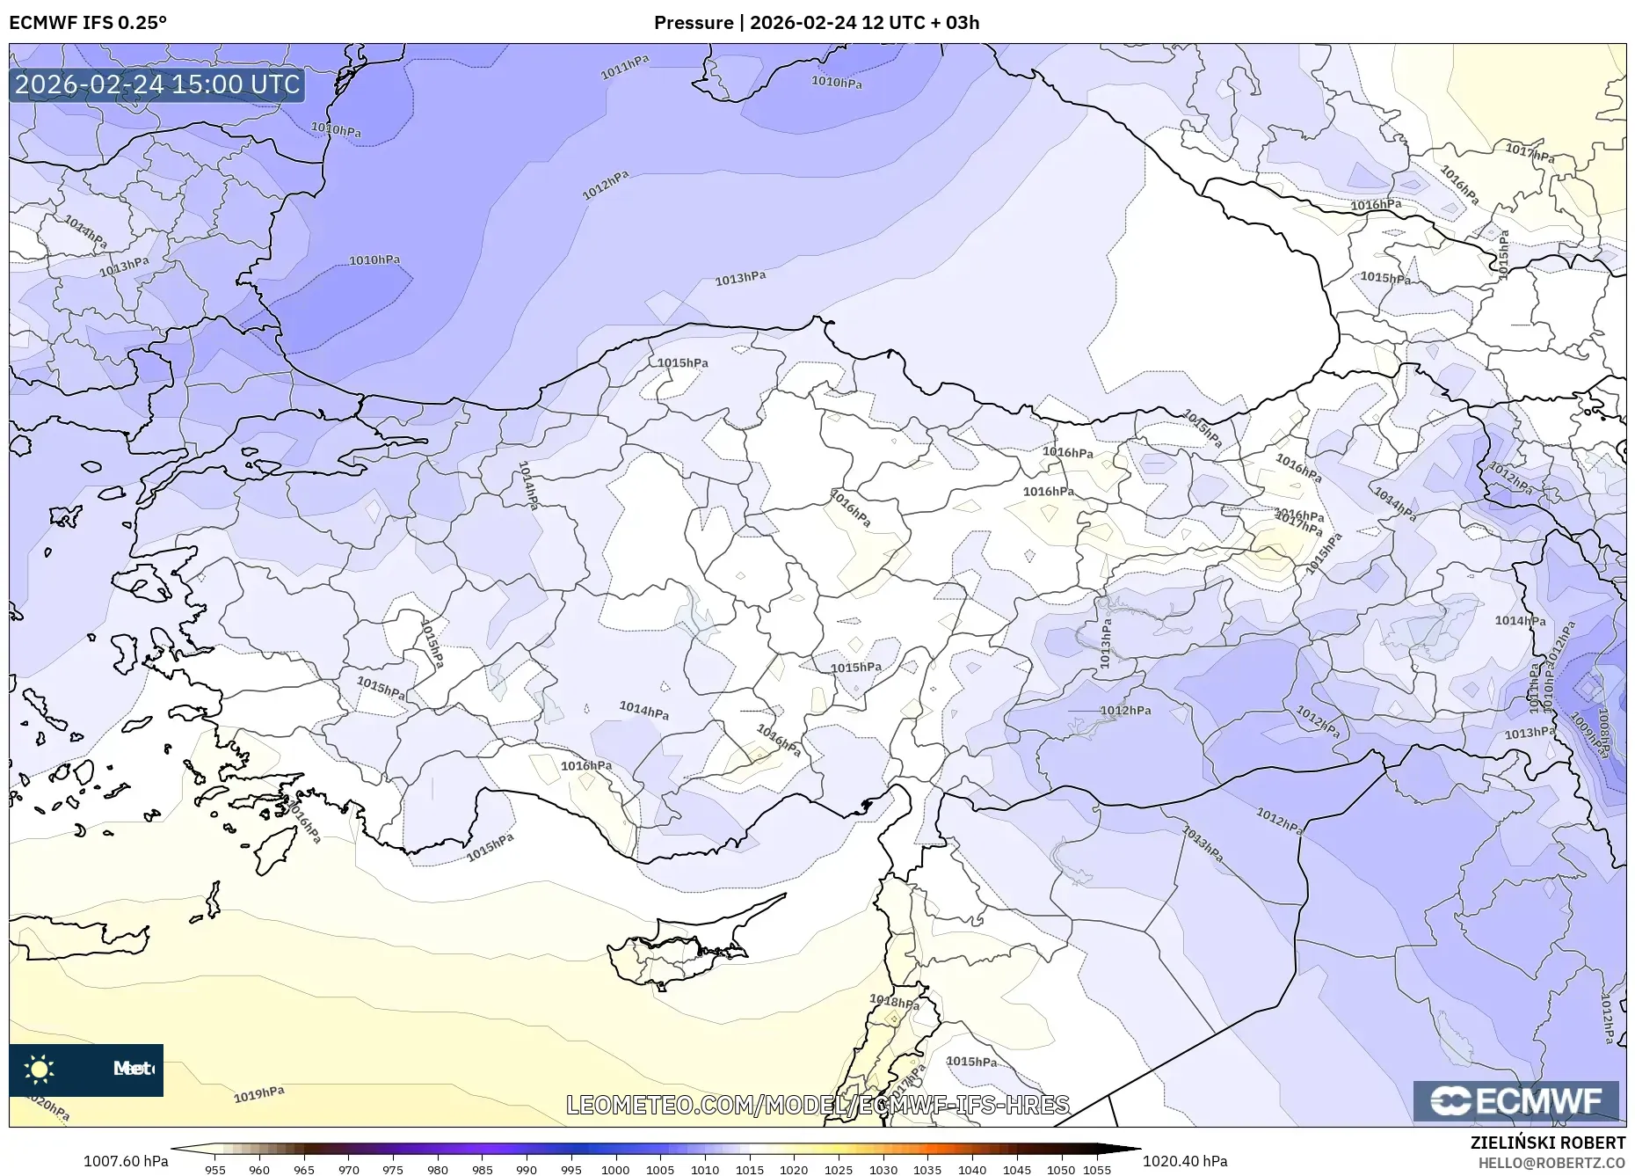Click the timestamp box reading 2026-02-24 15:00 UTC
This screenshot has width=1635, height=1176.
point(157,84)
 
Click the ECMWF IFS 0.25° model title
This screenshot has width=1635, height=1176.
point(88,22)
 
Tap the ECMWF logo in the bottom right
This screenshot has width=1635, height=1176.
point(1515,1100)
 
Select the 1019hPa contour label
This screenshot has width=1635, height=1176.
point(258,1094)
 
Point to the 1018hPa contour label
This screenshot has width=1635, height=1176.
point(894,1001)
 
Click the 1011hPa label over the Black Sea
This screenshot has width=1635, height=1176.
point(625,67)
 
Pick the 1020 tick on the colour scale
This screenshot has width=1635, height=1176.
point(793,1170)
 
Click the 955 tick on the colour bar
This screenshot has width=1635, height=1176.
point(214,1170)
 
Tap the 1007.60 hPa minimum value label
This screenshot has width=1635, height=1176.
point(126,1161)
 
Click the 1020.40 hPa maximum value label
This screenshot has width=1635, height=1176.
point(1185,1161)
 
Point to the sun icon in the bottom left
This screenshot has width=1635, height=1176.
point(40,1070)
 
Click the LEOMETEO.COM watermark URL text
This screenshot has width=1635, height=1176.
point(817,1105)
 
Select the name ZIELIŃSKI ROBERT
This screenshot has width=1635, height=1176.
point(1547,1143)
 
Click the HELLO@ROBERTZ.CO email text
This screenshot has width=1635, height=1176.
point(1551,1163)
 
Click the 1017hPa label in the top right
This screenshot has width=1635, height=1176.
point(1530,154)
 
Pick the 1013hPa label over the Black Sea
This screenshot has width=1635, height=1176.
point(740,278)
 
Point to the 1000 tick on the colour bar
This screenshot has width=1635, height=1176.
point(615,1170)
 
